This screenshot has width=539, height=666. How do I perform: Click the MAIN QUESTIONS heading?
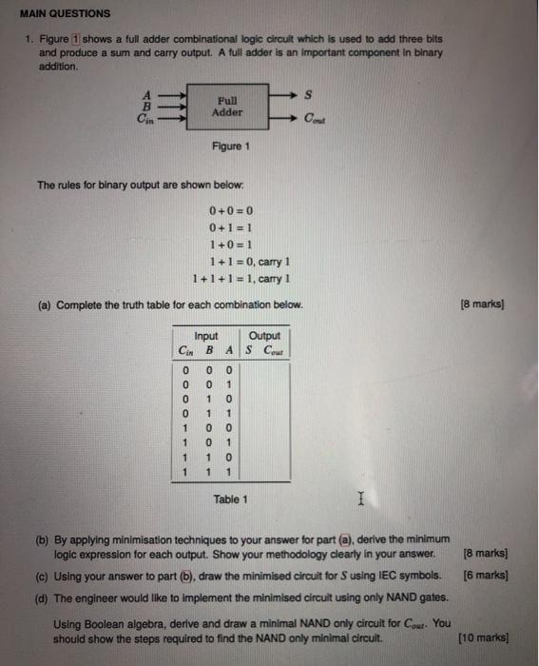click(x=66, y=13)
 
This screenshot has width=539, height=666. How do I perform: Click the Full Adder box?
click(x=228, y=105)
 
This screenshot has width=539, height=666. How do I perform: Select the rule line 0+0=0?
click(x=227, y=210)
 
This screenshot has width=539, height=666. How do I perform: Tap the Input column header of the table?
click(x=206, y=335)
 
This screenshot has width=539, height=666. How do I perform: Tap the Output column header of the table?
click(x=264, y=335)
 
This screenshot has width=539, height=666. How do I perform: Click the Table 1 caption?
click(x=231, y=499)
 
